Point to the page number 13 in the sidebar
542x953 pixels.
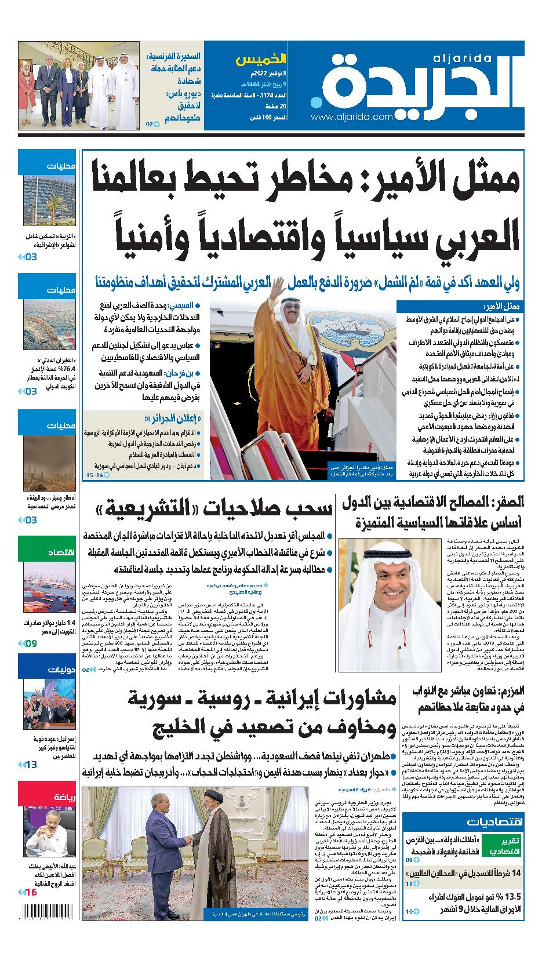pos(31,765)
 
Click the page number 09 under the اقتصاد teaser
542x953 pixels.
pos(31,643)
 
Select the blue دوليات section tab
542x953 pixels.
pos(46,670)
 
